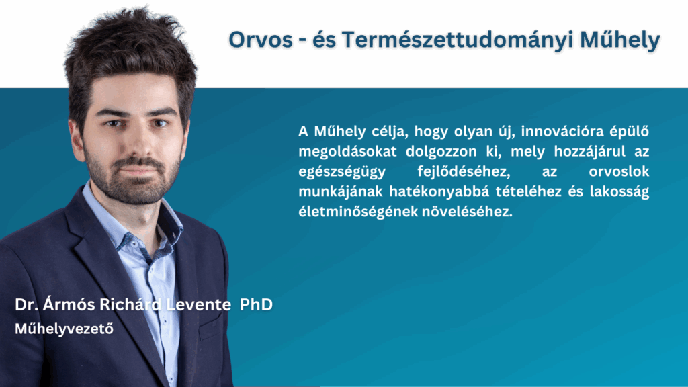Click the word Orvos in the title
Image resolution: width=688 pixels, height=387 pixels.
pos(260,40)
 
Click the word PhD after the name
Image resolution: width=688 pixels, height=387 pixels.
pos(256,304)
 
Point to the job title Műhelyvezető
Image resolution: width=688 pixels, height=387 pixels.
pos(64,328)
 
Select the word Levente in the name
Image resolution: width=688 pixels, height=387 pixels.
pos(198,304)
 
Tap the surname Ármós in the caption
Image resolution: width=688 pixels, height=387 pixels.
pos(69,304)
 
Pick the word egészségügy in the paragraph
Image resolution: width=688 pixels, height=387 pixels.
pos(342,172)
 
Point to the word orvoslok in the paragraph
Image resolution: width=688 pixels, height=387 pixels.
pos(619,171)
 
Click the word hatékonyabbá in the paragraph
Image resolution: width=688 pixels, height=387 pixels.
pos(439,191)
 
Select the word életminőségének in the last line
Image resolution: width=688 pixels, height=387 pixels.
pos(357,212)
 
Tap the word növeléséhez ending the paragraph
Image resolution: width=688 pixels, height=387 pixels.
pos(468,212)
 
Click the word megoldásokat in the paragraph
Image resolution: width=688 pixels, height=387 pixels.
pos(347,152)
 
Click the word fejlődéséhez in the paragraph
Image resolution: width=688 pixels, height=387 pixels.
pos(464,171)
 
